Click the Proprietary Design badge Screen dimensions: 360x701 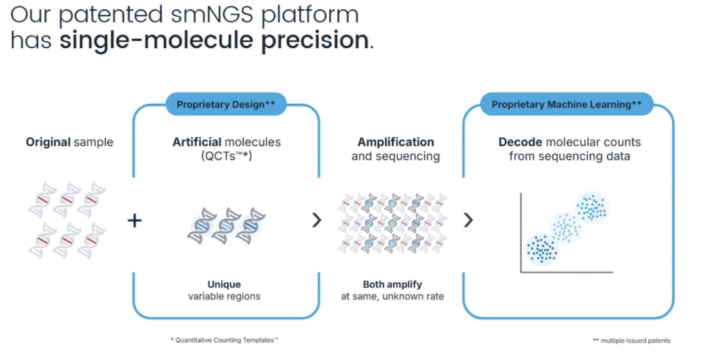click(x=226, y=104)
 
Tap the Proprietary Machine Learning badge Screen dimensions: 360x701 click(x=566, y=104)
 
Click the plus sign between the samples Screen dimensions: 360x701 click(x=134, y=220)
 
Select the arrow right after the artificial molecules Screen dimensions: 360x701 click(x=317, y=220)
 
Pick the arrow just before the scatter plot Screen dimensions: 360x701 click(x=468, y=220)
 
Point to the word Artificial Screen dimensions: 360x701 click(x=197, y=142)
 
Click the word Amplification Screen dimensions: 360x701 click(x=395, y=142)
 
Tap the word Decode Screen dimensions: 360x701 click(x=519, y=142)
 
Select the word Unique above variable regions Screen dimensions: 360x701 click(x=224, y=284)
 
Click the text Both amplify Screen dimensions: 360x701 click(x=392, y=284)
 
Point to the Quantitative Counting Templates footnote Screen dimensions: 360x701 click(x=224, y=339)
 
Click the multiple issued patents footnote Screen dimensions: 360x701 click(x=631, y=341)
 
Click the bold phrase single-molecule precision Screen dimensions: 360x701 click(x=215, y=41)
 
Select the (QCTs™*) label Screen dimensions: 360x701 click(x=226, y=156)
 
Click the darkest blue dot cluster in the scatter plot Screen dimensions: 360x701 click(x=542, y=249)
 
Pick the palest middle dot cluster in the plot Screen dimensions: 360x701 click(x=566, y=229)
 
